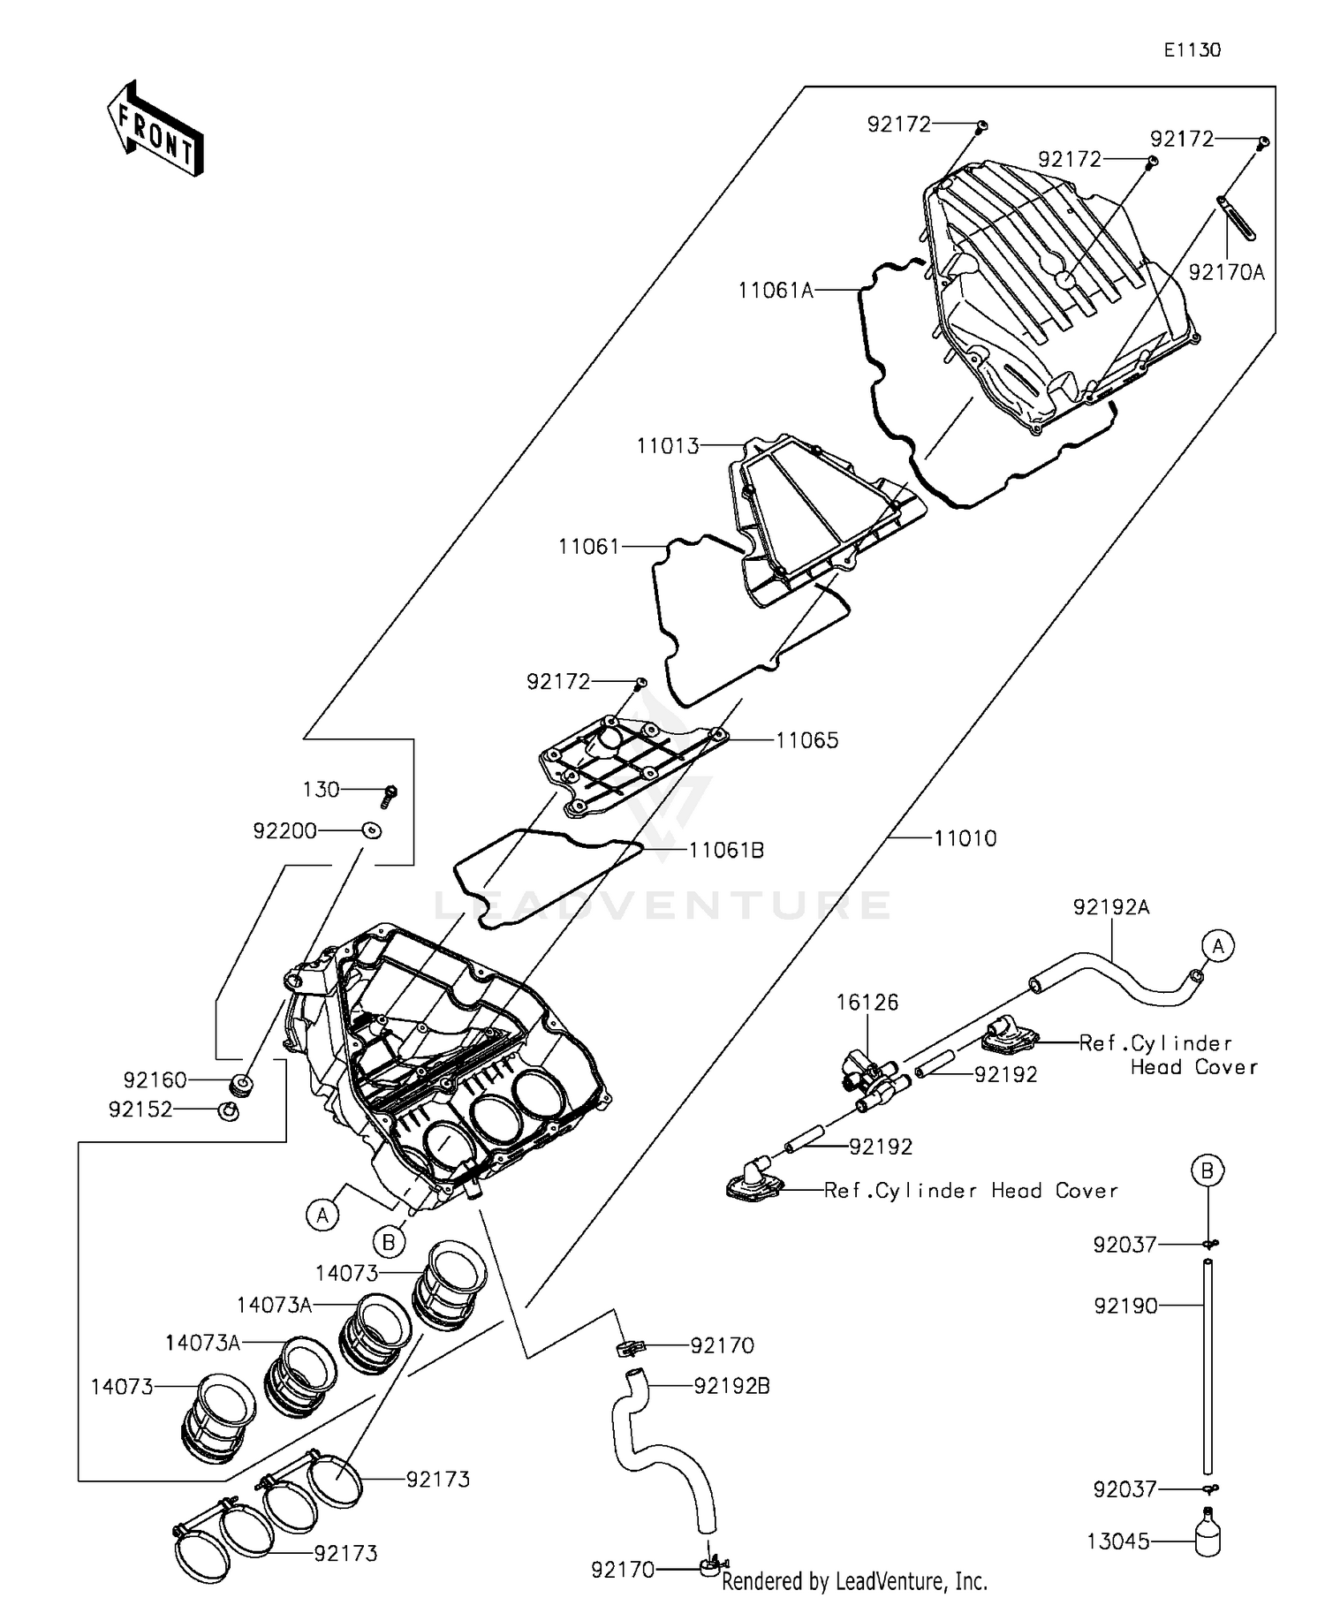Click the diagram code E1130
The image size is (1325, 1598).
point(1192,50)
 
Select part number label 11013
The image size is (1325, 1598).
point(668,446)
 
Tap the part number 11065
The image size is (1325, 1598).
point(806,740)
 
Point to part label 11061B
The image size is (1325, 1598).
point(726,851)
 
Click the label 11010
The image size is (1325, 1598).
point(965,838)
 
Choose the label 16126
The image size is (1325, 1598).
point(867,1003)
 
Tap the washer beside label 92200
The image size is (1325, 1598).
point(372,830)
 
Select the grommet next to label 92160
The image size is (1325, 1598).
point(239,1083)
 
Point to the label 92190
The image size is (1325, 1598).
point(1125,1306)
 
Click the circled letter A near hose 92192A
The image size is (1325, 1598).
point(1217,947)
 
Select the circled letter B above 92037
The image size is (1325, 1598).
point(1207,1171)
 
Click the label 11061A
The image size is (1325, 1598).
point(776,291)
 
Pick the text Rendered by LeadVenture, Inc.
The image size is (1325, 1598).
point(854,1580)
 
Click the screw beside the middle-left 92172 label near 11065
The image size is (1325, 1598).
point(641,683)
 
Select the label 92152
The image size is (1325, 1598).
point(140,1110)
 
